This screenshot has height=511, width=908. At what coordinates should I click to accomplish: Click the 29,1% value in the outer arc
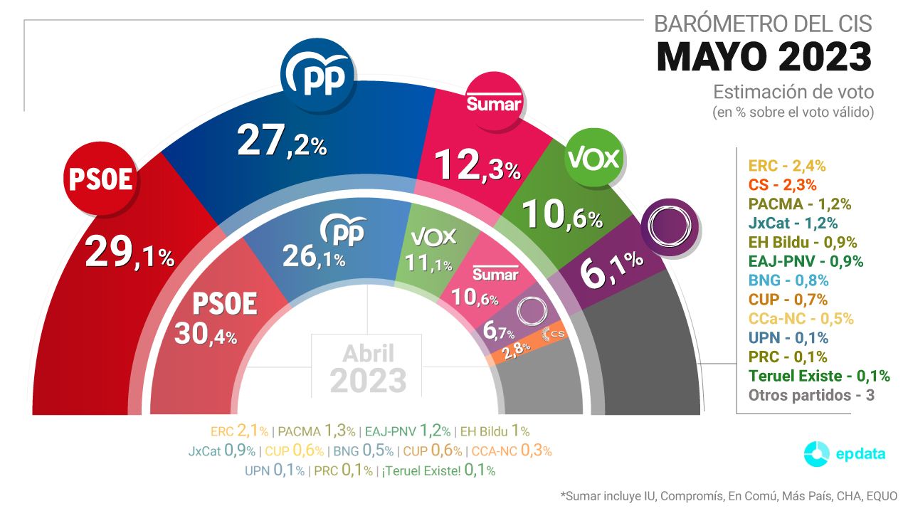pyautogui.click(x=130, y=254)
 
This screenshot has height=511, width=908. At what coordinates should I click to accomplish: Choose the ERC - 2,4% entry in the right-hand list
pyautogui.click(x=786, y=166)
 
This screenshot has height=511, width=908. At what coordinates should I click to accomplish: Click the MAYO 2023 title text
pyautogui.click(x=764, y=57)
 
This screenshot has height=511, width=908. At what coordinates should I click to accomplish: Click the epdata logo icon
pyautogui.click(x=816, y=454)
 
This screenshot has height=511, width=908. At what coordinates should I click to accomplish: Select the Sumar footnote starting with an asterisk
pyautogui.click(x=729, y=495)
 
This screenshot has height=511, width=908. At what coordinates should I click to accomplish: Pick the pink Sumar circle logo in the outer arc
pyautogui.click(x=495, y=103)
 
